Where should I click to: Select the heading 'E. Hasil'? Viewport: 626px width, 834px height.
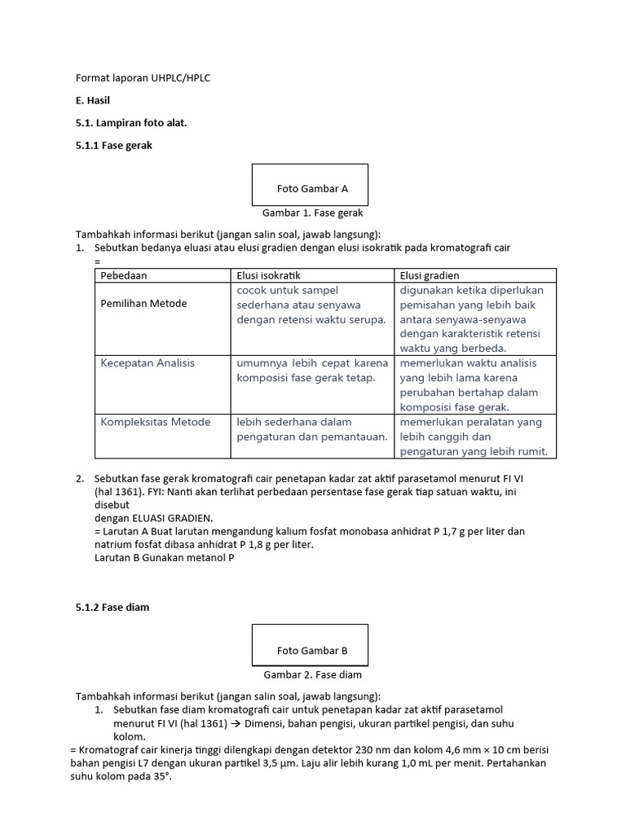point(93,100)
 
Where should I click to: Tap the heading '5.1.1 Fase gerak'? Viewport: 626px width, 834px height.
point(113,145)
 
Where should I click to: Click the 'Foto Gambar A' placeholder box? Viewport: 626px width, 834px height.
point(311,186)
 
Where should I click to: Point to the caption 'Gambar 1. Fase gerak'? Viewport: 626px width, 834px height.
point(311,213)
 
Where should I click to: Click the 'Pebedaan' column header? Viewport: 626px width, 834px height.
point(124,275)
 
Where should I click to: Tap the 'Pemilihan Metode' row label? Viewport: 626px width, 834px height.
point(143,304)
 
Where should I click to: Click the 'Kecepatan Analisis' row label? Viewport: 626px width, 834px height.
point(148,363)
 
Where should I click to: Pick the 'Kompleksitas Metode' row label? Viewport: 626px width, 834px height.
point(155,422)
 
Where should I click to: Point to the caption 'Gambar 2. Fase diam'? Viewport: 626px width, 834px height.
point(312,674)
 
